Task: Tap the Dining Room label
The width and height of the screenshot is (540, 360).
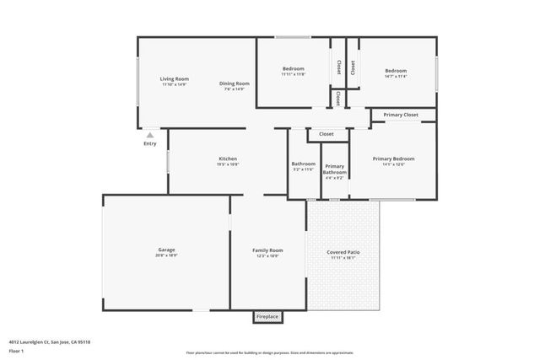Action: tap(235, 83)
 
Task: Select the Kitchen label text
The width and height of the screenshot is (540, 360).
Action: tap(228, 159)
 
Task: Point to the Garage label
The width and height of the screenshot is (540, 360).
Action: tap(166, 250)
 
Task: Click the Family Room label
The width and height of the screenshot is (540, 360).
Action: tap(267, 250)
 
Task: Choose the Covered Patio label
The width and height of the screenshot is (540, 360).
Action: tap(343, 252)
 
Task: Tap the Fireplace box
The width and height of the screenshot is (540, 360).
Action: tap(267, 317)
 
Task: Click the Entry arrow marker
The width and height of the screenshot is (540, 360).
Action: tap(149, 134)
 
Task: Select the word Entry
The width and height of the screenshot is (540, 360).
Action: tap(149, 143)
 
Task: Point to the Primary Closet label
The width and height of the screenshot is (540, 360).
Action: tap(401, 115)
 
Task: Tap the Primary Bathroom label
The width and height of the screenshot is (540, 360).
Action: tap(334, 169)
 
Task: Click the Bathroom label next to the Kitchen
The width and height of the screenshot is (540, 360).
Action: tap(303, 164)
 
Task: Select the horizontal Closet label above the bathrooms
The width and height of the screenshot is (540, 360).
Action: tap(327, 134)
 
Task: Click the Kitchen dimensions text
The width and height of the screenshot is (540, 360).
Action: tap(228, 164)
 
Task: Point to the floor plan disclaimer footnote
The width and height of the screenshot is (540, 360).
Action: tap(269, 353)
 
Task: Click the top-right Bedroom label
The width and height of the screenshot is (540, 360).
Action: tap(396, 71)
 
